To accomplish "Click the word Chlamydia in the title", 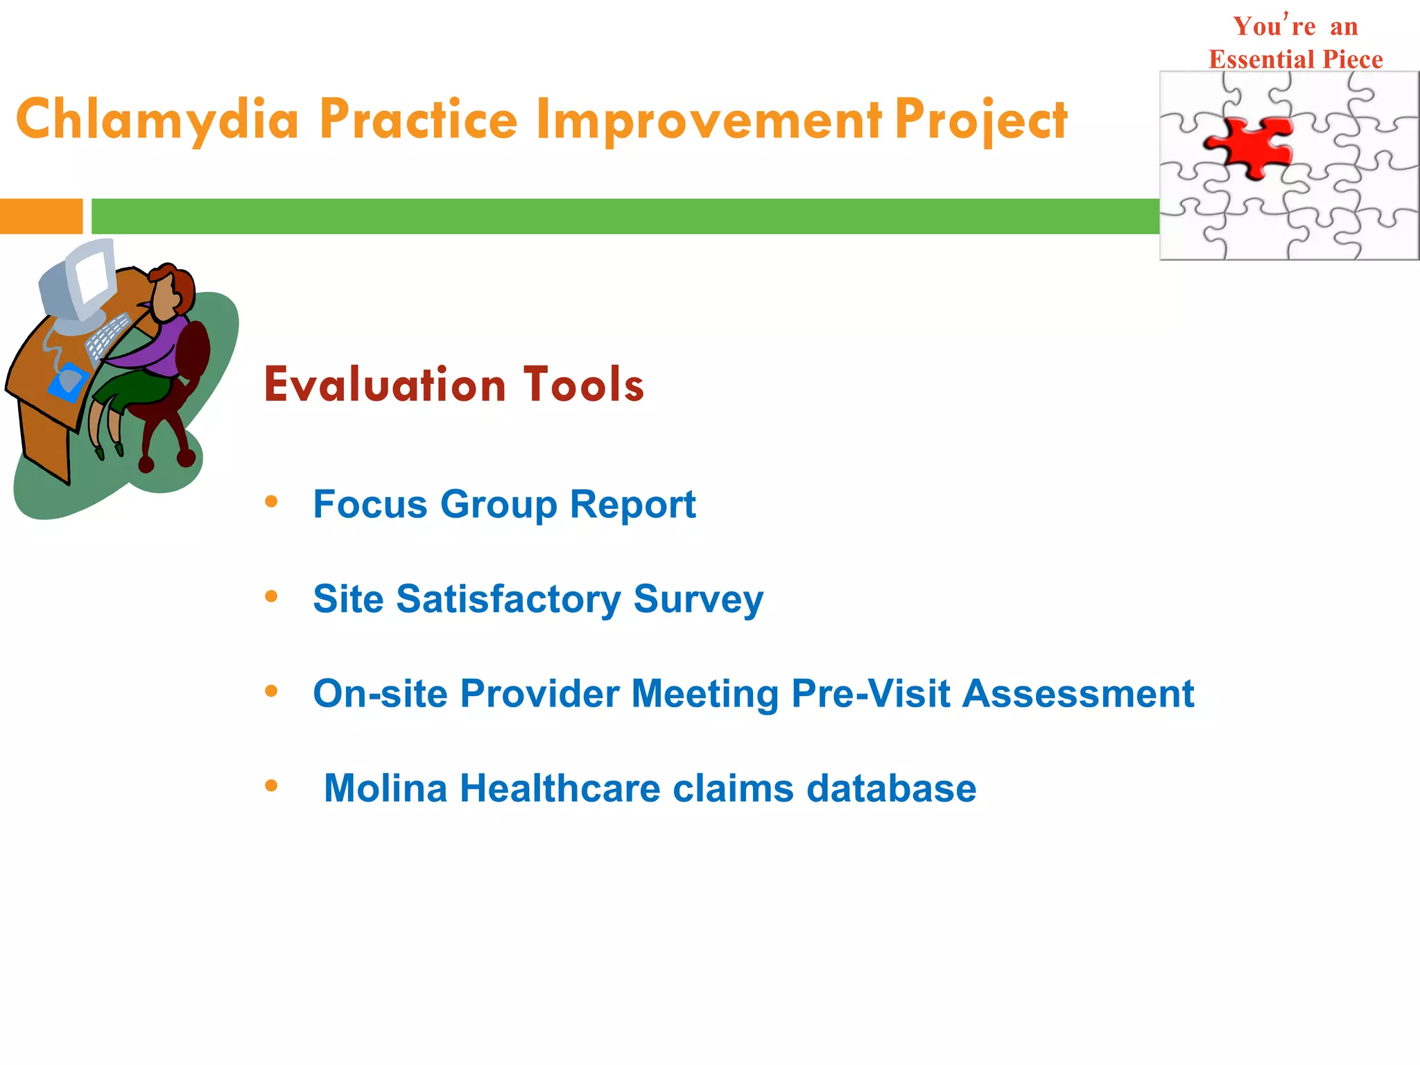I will coord(158,119).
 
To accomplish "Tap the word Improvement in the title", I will coord(709,119).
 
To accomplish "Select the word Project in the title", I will coord(980,119).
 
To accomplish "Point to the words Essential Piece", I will coord(1295,60).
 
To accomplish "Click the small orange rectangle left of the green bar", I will coord(41,216).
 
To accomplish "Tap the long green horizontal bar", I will coord(624,216).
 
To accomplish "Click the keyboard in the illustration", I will coord(108,338).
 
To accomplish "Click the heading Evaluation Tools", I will coord(454,385).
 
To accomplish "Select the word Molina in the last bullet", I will coord(386,788).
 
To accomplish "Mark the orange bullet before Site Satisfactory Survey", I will coord(271,596).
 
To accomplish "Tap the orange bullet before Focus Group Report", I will coord(271,501).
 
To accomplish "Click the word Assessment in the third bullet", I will coord(1078,693).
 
